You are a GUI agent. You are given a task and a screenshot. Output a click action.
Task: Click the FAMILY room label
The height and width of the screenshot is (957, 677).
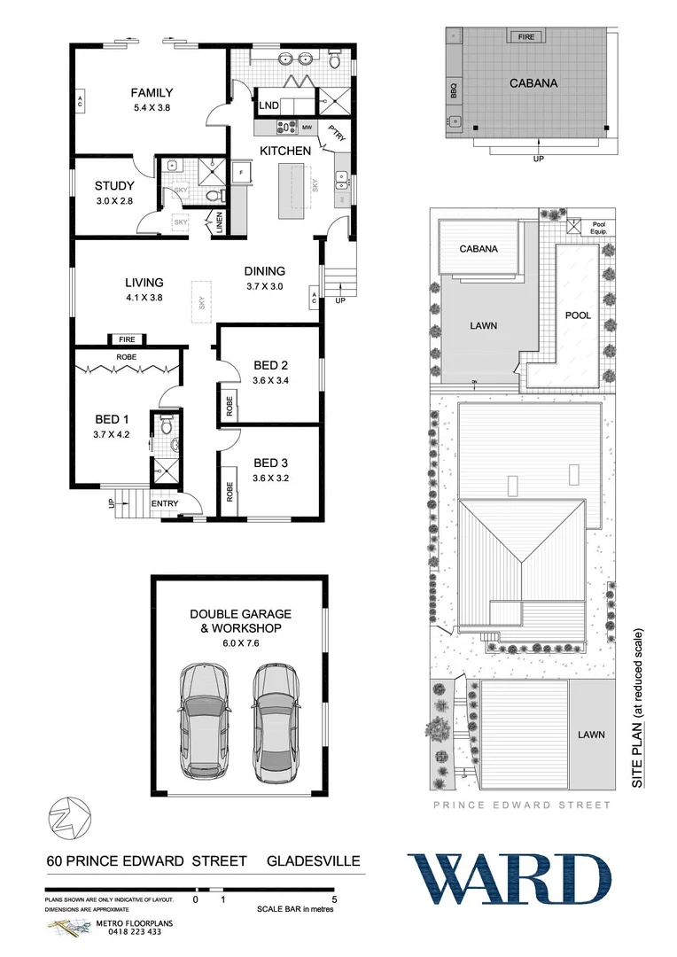[152, 92]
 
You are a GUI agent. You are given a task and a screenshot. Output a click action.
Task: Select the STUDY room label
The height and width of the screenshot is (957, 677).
[114, 186]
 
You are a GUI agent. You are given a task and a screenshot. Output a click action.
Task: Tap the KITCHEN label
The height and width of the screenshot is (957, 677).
[284, 151]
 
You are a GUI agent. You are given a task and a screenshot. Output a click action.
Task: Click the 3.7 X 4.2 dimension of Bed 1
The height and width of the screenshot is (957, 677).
[113, 434]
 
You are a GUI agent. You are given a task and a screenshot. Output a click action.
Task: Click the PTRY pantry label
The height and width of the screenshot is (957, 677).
[336, 133]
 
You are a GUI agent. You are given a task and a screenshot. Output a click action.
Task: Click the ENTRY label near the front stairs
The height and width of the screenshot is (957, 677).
[165, 504]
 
